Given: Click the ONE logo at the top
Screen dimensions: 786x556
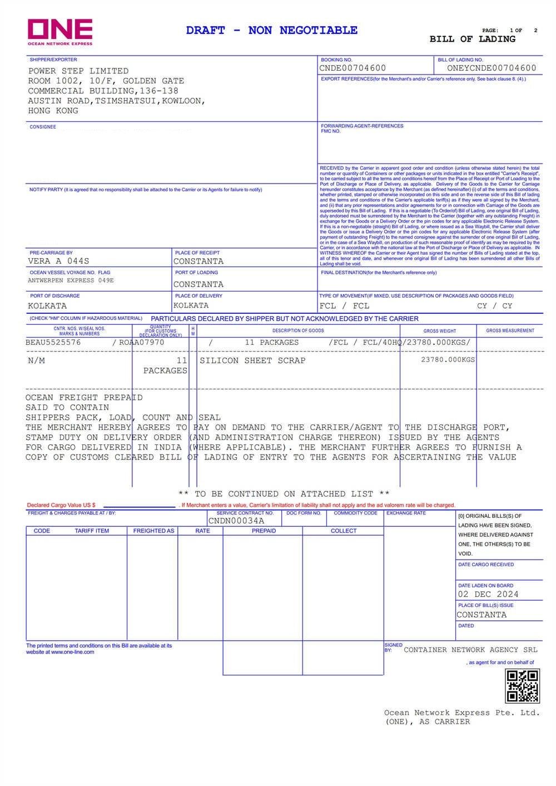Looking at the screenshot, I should (x=60, y=31).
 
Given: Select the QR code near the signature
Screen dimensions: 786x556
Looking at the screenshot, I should (x=522, y=686).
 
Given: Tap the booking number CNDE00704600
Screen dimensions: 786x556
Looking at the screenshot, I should (x=353, y=68).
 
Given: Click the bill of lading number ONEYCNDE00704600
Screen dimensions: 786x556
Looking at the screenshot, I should (x=492, y=68).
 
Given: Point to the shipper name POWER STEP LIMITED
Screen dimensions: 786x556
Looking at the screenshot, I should (x=78, y=71).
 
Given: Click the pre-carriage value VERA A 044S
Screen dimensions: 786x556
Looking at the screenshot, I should (x=58, y=261).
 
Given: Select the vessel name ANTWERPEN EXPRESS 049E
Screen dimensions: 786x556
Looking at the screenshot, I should (x=71, y=280).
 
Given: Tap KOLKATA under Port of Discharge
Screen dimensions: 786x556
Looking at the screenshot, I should (x=47, y=306).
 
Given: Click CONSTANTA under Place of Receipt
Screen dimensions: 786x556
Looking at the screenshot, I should (x=198, y=261).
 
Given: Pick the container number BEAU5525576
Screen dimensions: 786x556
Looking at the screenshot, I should (x=53, y=343).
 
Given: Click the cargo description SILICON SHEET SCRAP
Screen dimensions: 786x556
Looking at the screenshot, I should (x=252, y=360).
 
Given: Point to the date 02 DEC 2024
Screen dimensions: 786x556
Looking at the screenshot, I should (x=488, y=594).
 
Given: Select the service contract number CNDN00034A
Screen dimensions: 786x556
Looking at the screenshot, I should (x=236, y=521).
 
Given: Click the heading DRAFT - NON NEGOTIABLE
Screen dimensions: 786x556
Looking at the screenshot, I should (x=272, y=31).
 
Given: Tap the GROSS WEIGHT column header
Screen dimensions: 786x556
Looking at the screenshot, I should (x=439, y=331).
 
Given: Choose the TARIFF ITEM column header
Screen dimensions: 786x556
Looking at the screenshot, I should (x=92, y=531).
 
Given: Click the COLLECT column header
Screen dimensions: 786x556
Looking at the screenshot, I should (x=344, y=531).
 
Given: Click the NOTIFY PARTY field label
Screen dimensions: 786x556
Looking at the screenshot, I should (x=46, y=190).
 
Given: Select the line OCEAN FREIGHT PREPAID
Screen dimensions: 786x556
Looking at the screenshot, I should (x=84, y=398).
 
